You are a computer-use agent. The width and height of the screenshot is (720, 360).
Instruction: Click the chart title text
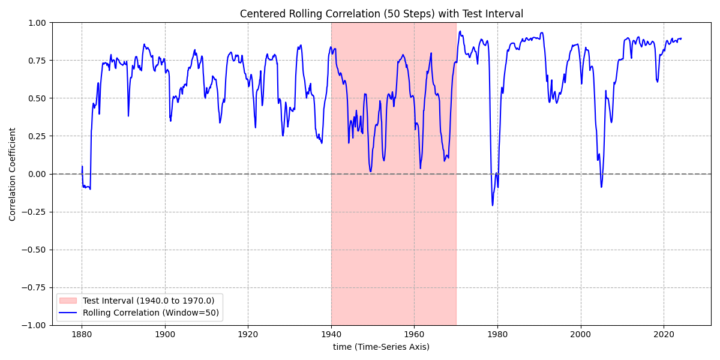[381, 14]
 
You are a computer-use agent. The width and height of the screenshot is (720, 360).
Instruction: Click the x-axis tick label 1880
[82, 334]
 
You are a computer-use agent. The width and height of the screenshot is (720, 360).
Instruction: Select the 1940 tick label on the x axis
[331, 334]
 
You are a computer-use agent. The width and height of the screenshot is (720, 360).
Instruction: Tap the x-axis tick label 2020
[664, 334]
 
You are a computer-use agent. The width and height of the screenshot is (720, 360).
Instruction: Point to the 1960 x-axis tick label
[414, 334]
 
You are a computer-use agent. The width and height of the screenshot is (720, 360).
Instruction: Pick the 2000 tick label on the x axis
[581, 334]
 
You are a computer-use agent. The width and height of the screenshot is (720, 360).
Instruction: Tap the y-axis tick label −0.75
[35, 287]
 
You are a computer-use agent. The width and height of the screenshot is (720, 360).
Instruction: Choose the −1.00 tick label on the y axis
[35, 325]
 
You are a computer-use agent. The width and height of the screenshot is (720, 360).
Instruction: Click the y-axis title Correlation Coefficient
[13, 174]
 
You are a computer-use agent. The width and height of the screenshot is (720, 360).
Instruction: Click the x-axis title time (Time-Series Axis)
[381, 347]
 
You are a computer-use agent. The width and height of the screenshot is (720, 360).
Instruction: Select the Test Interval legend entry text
[148, 301]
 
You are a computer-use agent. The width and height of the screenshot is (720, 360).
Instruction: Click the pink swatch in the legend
[69, 301]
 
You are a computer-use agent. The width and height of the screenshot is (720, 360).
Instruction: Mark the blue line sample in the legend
[69, 313]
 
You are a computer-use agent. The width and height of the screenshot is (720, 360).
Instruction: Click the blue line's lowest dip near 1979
[493, 206]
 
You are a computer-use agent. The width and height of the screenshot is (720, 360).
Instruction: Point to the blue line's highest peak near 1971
[460, 31]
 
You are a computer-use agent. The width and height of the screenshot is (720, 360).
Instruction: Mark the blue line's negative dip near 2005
[601, 187]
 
